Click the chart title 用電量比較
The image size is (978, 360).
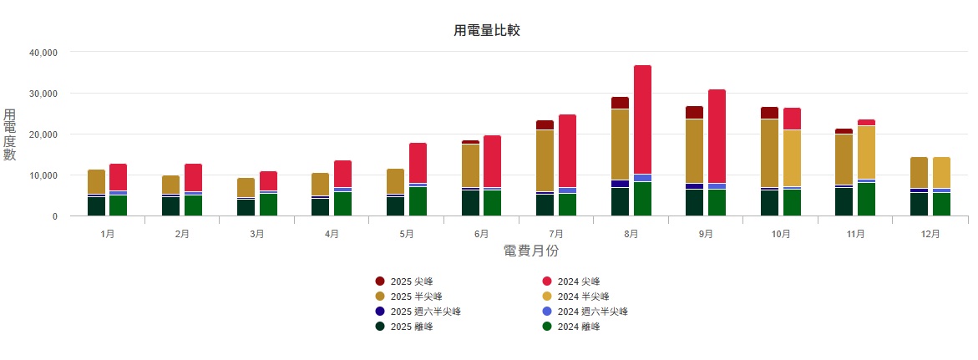tap(487, 31)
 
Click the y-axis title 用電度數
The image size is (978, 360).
tap(10, 134)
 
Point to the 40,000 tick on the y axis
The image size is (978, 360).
tap(43, 52)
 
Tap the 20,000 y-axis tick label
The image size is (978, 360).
tap(43, 134)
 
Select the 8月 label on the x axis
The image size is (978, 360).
tap(631, 235)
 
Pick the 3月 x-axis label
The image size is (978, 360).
tap(256, 235)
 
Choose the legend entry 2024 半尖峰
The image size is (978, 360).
tap(583, 297)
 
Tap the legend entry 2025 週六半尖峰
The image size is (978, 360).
tap(425, 312)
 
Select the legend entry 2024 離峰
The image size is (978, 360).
tap(579, 327)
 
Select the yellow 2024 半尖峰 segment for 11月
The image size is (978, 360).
tap(866, 152)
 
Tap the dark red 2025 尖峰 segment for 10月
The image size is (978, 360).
tap(769, 113)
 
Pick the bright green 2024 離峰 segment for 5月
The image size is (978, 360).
tap(418, 201)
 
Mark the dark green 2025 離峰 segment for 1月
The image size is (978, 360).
tap(96, 205)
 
